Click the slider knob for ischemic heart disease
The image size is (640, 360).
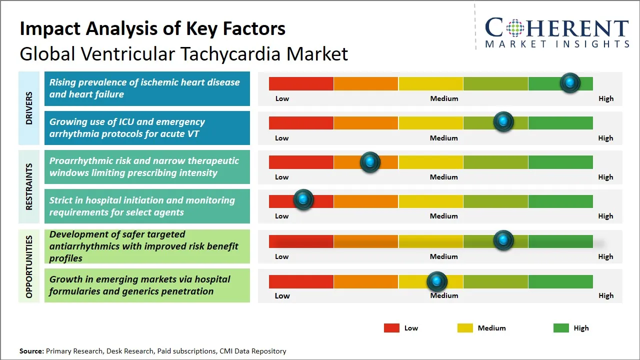pyautogui.click(x=570, y=83)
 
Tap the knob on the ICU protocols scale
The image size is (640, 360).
pyautogui.click(x=503, y=122)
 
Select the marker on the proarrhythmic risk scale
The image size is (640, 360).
pyautogui.click(x=370, y=162)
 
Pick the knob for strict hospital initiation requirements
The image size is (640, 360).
pyautogui.click(x=303, y=200)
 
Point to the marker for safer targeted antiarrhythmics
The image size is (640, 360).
pyautogui.click(x=503, y=240)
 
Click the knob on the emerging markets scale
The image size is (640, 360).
pyautogui.click(x=437, y=282)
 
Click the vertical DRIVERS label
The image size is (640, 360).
pyautogui.click(x=29, y=108)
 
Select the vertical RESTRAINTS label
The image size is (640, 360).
pyautogui.click(x=29, y=186)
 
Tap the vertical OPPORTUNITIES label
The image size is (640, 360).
pyautogui.click(x=29, y=266)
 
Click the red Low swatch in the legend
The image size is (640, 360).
pyautogui.click(x=391, y=328)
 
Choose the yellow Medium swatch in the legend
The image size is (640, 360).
pyautogui.click(x=465, y=328)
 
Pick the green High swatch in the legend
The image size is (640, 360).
pyautogui.click(x=561, y=328)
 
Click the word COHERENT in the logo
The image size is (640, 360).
pyautogui.click(x=557, y=28)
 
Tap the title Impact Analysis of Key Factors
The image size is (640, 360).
pyautogui.click(x=152, y=28)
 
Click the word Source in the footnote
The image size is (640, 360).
pyautogui.click(x=31, y=351)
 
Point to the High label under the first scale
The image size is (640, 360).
pyautogui.click(x=605, y=98)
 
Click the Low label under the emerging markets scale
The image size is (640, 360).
pyautogui.click(x=282, y=295)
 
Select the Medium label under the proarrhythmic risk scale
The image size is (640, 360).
pyautogui.click(x=443, y=177)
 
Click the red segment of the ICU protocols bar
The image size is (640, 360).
pyautogui.click(x=301, y=122)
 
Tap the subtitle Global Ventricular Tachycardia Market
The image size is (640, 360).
pyautogui.click(x=183, y=53)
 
